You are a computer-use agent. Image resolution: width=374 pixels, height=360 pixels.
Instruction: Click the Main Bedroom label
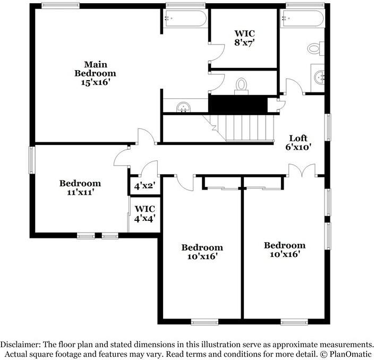pos(95,73)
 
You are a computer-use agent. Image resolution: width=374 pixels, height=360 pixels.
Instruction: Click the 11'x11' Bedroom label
pos(80,188)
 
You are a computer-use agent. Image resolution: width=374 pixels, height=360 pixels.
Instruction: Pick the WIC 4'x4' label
pos(144,213)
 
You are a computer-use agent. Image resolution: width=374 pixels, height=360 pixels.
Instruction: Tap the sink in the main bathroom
pos(183,106)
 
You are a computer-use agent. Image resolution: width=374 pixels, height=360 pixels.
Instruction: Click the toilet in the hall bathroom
pos(314,49)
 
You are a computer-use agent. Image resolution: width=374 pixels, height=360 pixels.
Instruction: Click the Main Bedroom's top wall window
pos(61,6)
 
